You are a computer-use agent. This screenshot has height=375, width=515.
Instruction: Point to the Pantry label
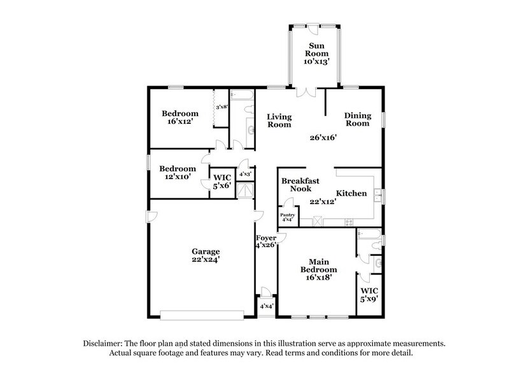pos(287,215)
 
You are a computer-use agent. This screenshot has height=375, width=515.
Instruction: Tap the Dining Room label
pos(357,119)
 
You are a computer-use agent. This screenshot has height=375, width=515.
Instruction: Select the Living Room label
pos(279,121)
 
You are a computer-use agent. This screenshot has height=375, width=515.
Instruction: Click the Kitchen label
pos(351,193)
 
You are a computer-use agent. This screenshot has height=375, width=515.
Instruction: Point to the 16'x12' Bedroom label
pos(179,117)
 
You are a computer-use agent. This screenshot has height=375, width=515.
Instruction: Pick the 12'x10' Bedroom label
pos(176,173)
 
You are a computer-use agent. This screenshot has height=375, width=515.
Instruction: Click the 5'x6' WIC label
pos(222,181)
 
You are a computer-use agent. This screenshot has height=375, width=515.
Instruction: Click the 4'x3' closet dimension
pos(245,173)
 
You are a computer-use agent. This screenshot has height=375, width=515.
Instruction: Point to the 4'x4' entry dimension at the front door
pos(265,306)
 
